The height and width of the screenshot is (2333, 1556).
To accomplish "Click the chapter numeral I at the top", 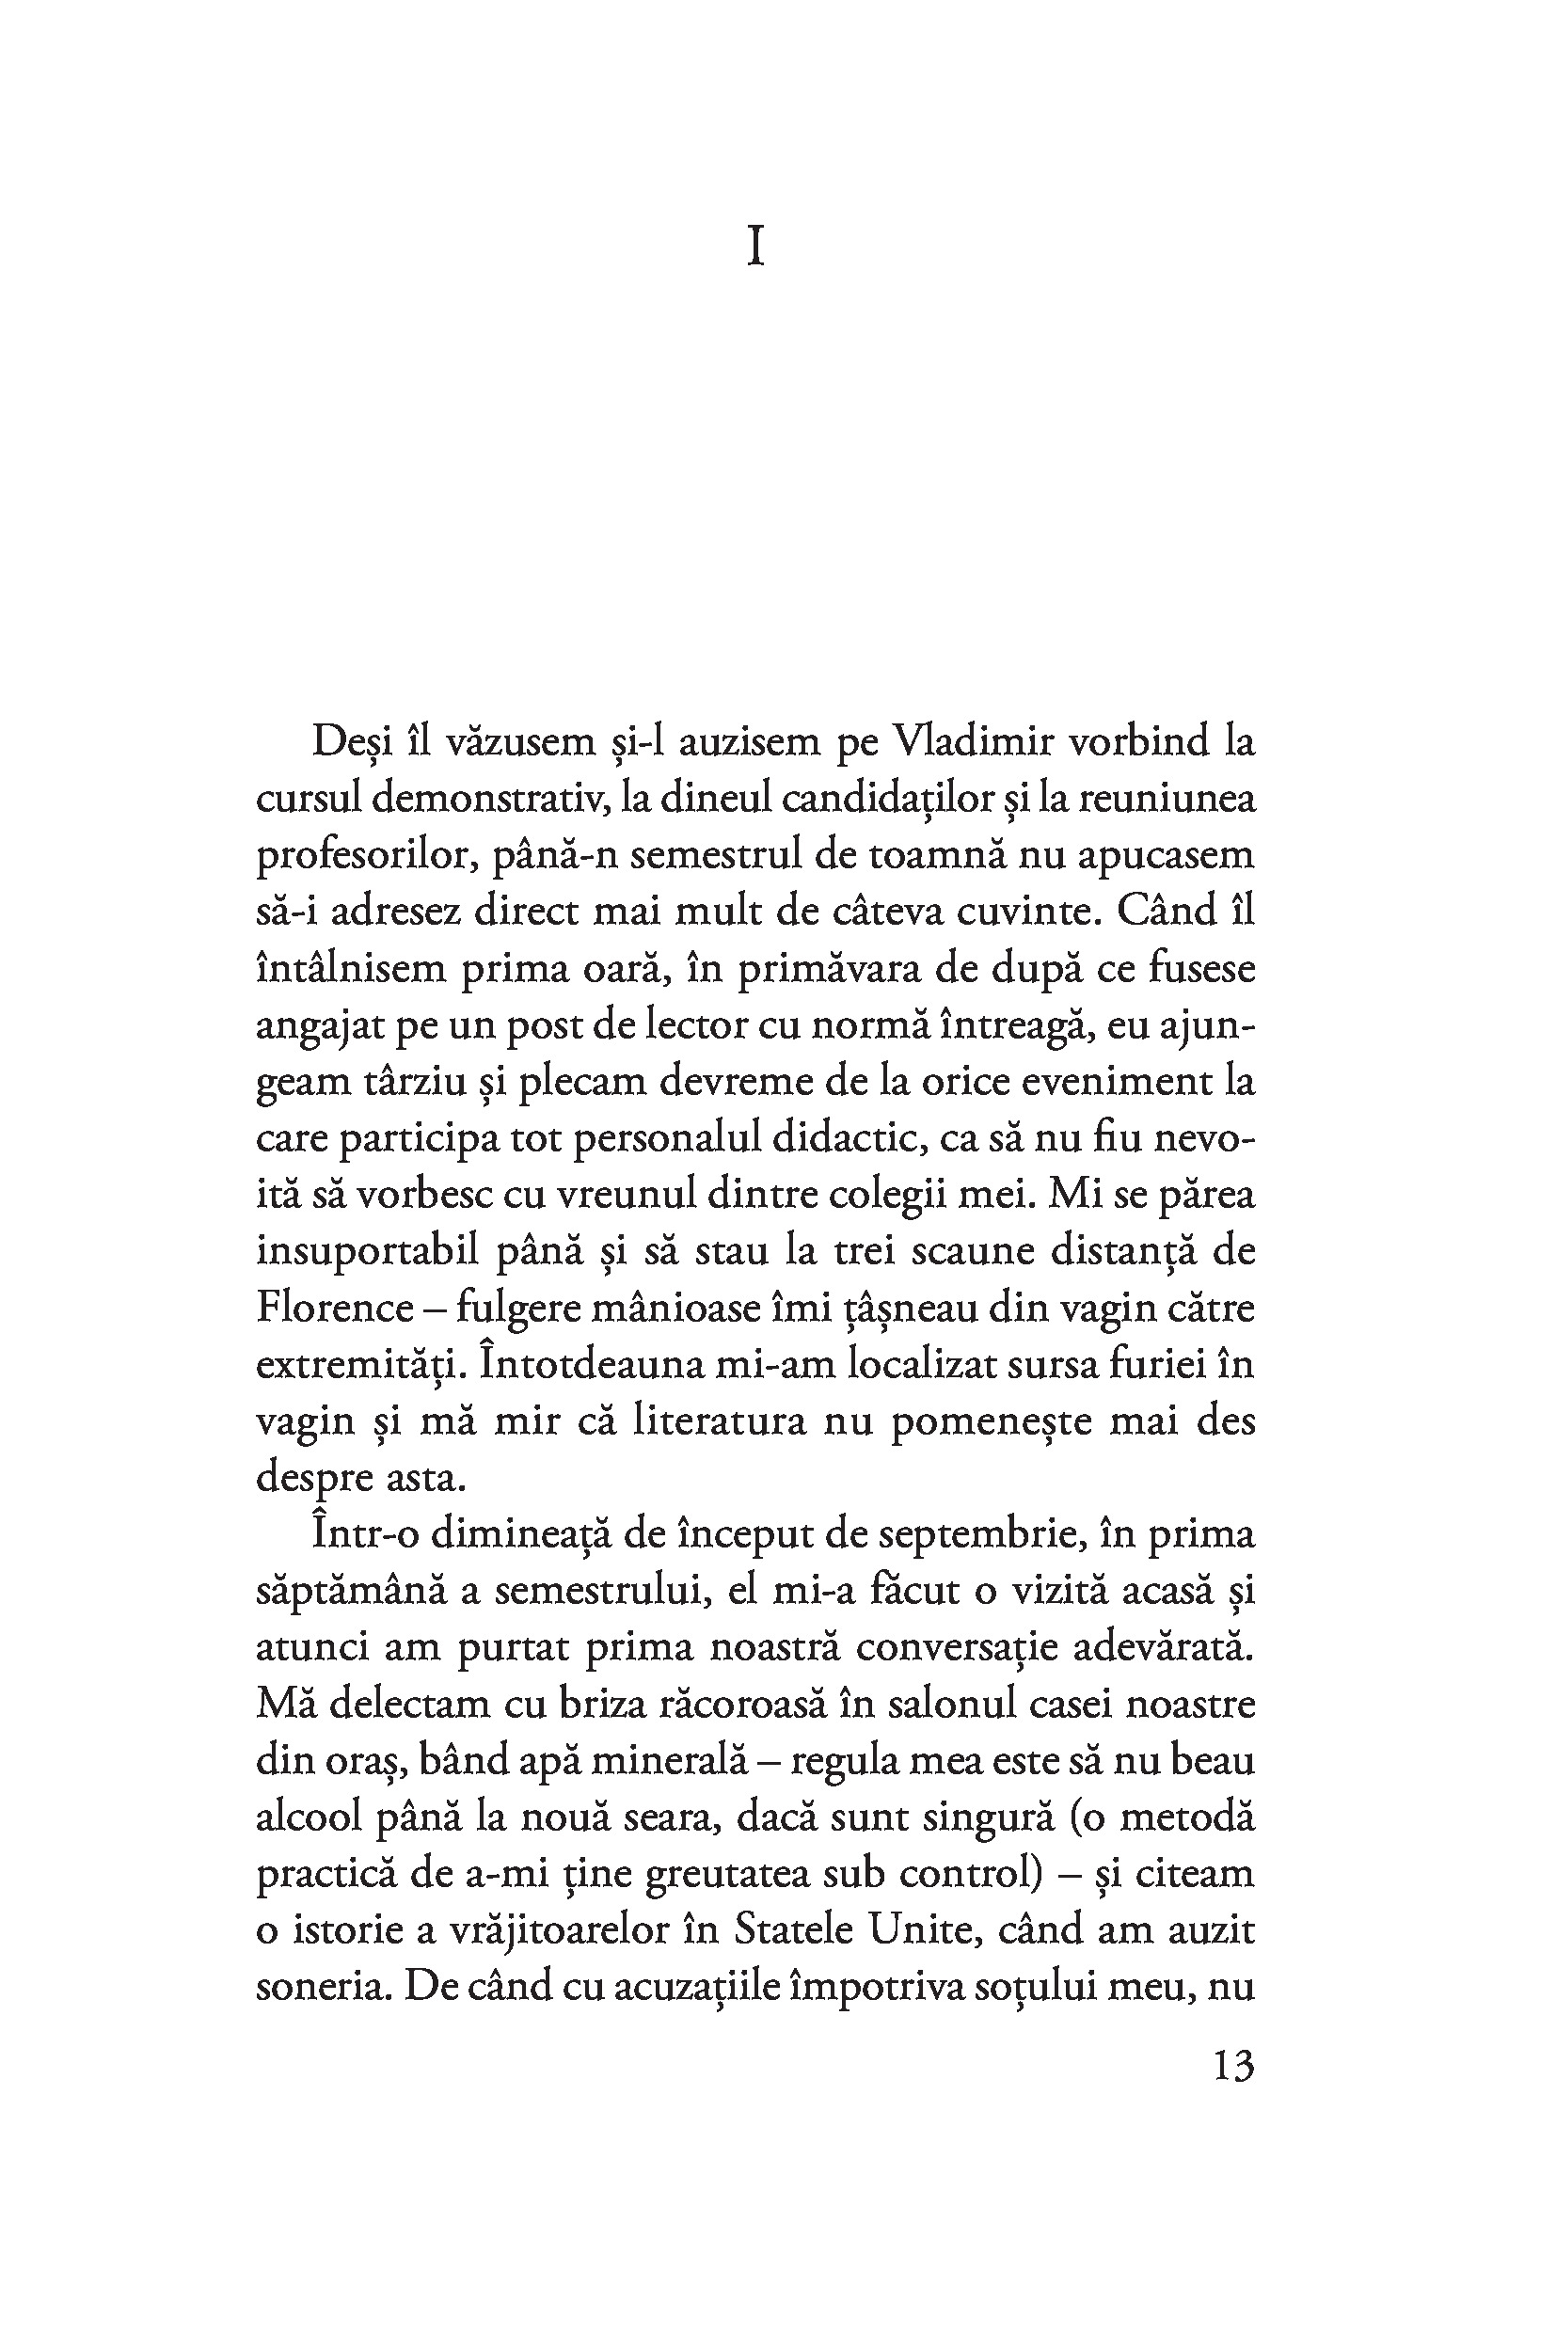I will click(x=755, y=247).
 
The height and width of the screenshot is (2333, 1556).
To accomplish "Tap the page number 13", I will click(x=1233, y=2066).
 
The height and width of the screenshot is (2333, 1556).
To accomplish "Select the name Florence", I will click(x=333, y=1307).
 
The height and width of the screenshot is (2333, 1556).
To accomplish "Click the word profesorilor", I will click(x=357, y=855).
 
